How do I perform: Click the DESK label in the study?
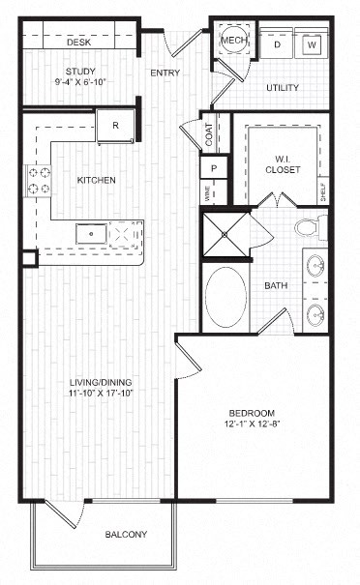click(x=78, y=43)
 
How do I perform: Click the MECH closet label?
click(x=233, y=41)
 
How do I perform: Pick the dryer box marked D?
click(x=277, y=44)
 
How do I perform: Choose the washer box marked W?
click(x=312, y=44)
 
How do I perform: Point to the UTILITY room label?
click(x=283, y=88)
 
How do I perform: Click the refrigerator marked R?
click(x=115, y=125)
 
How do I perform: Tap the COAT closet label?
click(x=210, y=133)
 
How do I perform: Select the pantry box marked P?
click(x=213, y=167)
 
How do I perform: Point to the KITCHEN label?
click(x=97, y=180)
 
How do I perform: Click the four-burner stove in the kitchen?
click(x=39, y=181)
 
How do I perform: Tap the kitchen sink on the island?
click(x=95, y=233)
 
